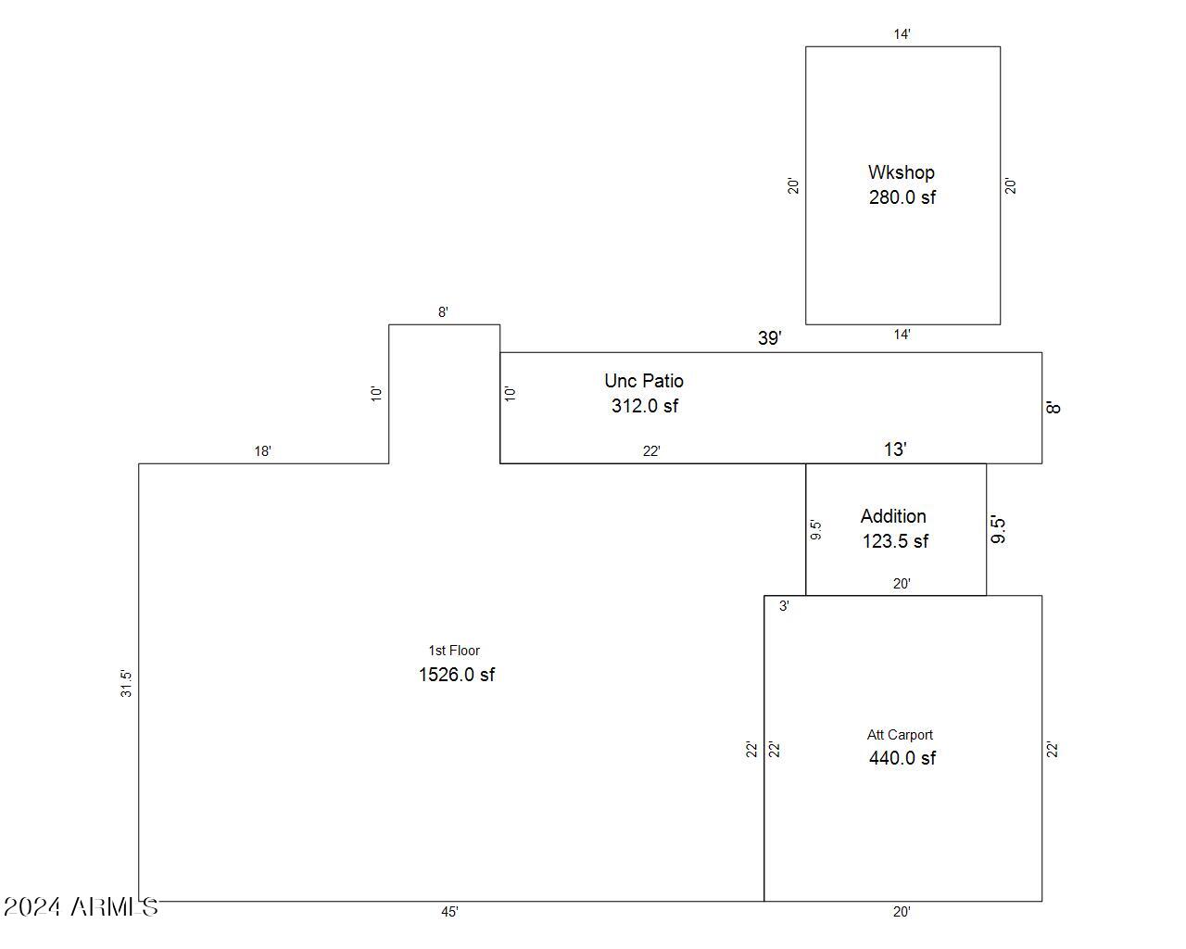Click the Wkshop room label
click(x=901, y=172)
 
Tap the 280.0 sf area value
click(x=902, y=197)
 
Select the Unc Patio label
click(x=644, y=381)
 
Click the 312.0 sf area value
click(x=645, y=406)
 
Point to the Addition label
click(x=893, y=516)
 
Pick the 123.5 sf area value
click(x=895, y=541)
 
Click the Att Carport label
click(x=900, y=735)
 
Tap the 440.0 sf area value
click(x=902, y=758)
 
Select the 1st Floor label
click(x=454, y=651)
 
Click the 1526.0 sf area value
click(x=457, y=675)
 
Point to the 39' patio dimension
click(x=769, y=338)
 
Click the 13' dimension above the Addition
click(x=895, y=449)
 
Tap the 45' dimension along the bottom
click(x=449, y=912)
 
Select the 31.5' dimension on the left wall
click(x=126, y=684)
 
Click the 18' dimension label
click(x=263, y=451)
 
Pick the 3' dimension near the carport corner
click(x=784, y=606)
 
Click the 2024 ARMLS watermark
click(x=81, y=907)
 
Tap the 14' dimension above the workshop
click(x=902, y=34)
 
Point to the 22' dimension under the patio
click(x=651, y=451)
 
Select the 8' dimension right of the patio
click(x=1054, y=408)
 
